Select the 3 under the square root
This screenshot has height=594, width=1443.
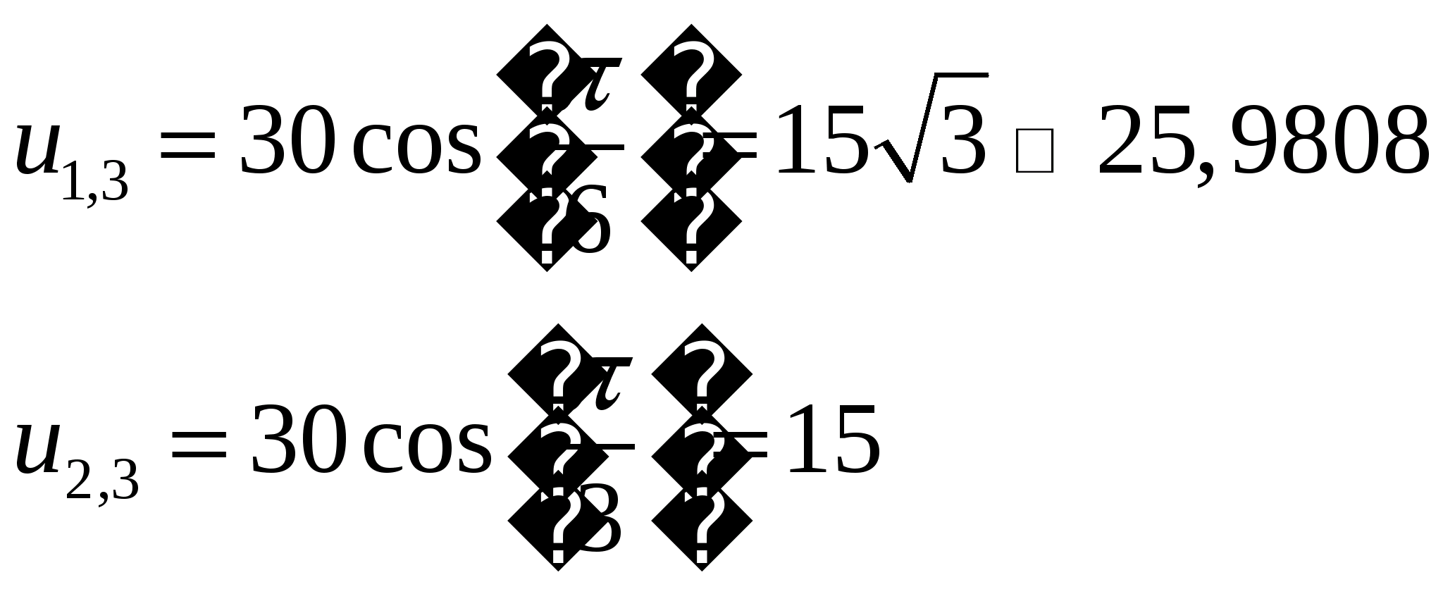coord(962,140)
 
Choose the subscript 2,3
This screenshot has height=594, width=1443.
coord(102,481)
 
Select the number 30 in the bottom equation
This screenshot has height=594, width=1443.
coord(298,438)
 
